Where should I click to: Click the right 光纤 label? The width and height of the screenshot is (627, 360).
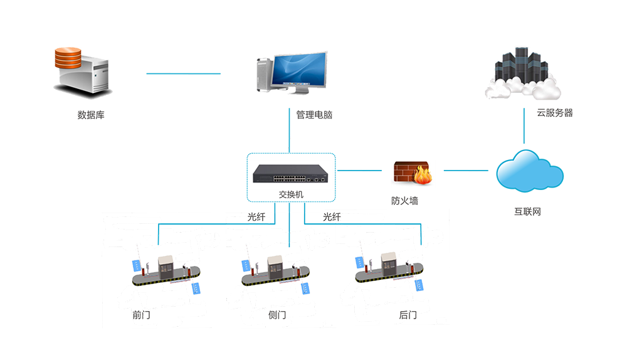pos(333,217)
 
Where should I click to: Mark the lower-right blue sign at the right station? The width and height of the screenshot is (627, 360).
pos(418,287)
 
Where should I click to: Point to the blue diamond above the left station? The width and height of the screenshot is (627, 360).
pos(161,238)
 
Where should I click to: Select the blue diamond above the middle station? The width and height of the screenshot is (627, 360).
pos(289,238)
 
